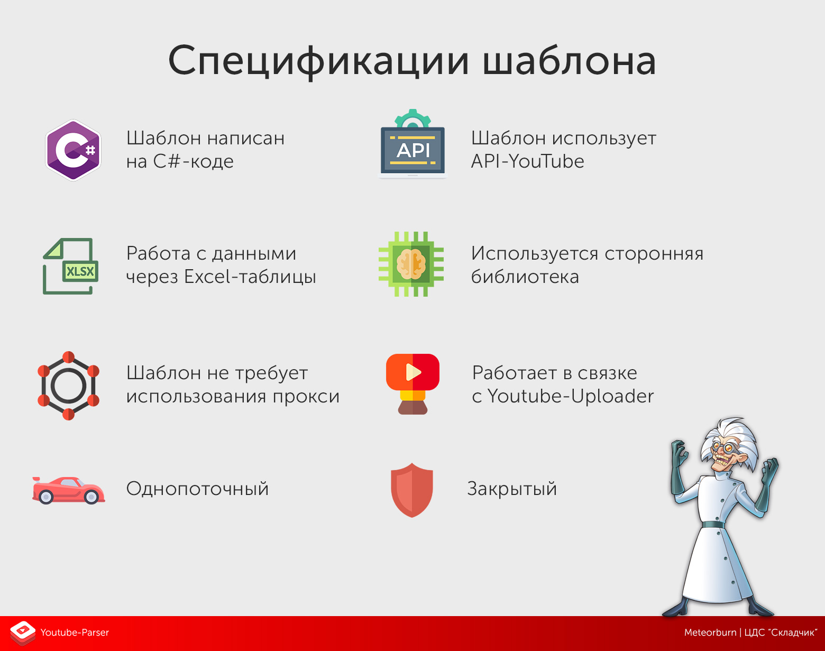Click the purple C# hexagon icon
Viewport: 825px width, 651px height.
pyautogui.click(x=73, y=151)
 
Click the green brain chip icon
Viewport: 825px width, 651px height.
pyautogui.click(x=411, y=264)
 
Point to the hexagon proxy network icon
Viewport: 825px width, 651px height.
pyautogui.click(x=68, y=386)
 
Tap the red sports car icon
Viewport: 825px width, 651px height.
pyautogui.click(x=68, y=490)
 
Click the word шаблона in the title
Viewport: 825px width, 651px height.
pyautogui.click(x=570, y=61)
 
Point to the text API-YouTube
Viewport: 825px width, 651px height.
pyautogui.click(x=527, y=161)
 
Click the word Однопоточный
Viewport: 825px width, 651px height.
pyautogui.click(x=197, y=489)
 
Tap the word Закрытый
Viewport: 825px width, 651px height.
pyautogui.click(x=512, y=489)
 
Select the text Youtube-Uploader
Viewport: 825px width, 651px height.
pyautogui.click(x=570, y=396)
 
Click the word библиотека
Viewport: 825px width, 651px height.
pyautogui.click(x=525, y=277)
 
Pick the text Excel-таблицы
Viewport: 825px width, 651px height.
pyautogui.click(x=250, y=277)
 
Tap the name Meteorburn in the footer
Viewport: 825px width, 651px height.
pyautogui.click(x=710, y=632)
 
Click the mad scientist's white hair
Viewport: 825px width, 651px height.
pyautogui.click(x=730, y=431)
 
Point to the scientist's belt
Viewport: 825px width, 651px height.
pyautogui.click(x=713, y=525)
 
